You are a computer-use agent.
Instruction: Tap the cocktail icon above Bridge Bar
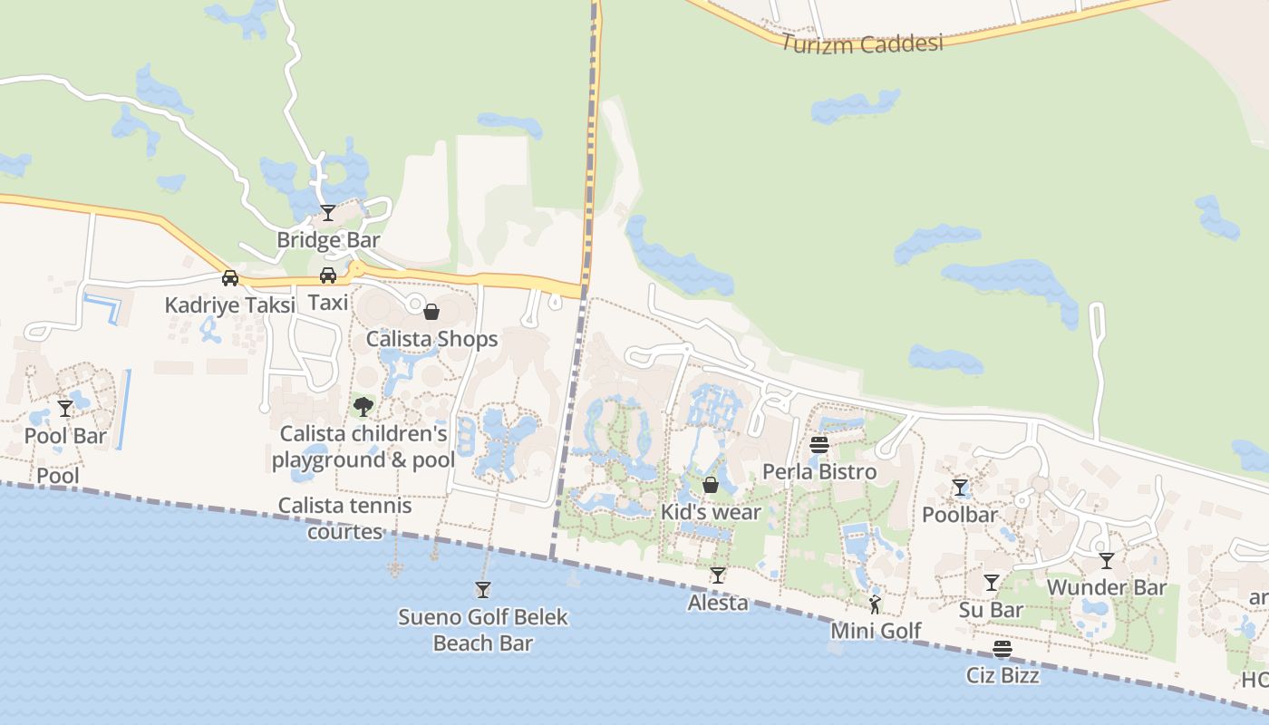point(328,213)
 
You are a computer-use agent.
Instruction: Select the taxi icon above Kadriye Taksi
point(230,278)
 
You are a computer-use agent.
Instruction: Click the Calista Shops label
point(431,339)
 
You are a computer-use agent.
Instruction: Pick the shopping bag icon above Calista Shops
point(431,312)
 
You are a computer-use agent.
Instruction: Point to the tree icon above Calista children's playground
point(363,406)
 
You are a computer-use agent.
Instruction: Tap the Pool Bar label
point(65,436)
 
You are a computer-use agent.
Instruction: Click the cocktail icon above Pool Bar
point(64,409)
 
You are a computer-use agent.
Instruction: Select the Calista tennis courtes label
point(344,518)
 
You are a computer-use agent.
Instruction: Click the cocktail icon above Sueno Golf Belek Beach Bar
point(482,590)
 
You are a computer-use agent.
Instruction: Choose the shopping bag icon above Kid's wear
point(711,485)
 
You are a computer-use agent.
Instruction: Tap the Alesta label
point(718,603)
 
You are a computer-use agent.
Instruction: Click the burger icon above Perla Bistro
point(819,445)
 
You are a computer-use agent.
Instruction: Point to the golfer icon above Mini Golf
point(875,604)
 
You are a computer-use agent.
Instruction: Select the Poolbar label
point(959,515)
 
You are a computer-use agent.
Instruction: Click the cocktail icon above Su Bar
point(992,583)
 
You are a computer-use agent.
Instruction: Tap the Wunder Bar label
point(1106,587)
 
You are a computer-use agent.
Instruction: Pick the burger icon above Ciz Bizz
point(1002,649)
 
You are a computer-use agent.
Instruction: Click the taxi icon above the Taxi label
point(328,275)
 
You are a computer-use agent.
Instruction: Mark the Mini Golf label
point(876,631)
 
